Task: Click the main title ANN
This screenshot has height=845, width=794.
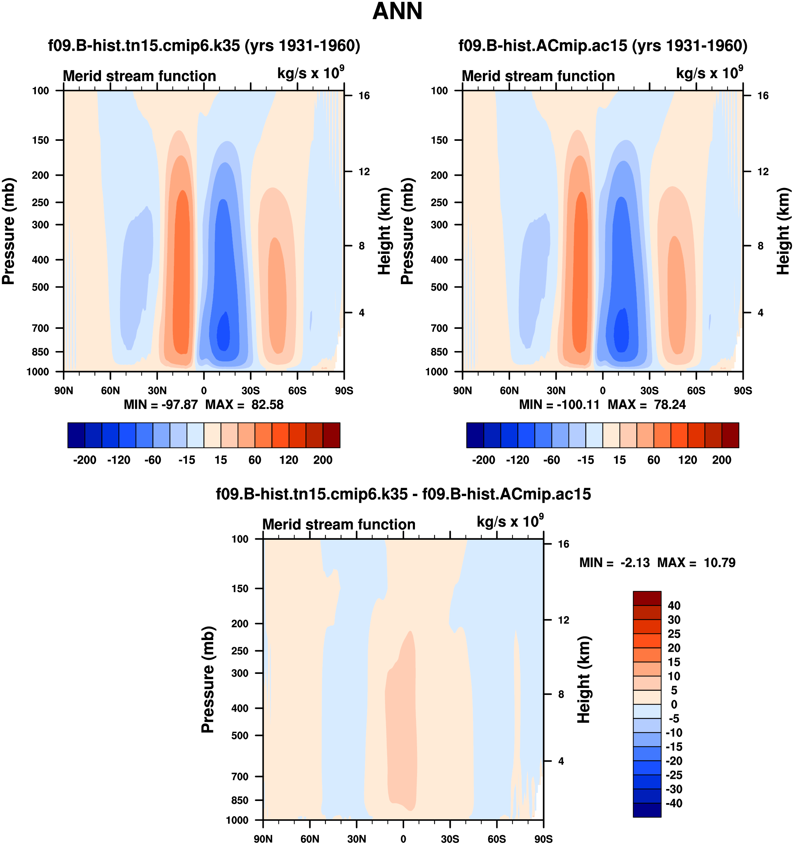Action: click(397, 12)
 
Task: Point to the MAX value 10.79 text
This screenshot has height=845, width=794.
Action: click(719, 563)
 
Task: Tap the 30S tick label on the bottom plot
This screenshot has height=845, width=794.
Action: click(449, 839)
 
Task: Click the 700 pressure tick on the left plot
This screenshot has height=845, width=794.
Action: click(41, 328)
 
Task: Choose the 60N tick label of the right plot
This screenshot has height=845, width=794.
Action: click(509, 390)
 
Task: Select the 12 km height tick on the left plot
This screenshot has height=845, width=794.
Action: click(364, 172)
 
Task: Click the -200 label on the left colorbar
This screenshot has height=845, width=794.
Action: click(84, 460)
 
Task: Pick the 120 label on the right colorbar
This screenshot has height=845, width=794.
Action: click(687, 460)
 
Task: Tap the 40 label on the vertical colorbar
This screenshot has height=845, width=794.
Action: click(674, 606)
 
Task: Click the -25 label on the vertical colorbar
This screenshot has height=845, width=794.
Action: click(674, 775)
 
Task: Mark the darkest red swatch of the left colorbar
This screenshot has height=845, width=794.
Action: click(332, 435)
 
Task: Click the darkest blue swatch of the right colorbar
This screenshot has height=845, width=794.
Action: click(475, 435)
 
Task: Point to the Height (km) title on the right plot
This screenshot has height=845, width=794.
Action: click(783, 231)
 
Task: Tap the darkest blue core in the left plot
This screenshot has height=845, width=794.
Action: click(223, 332)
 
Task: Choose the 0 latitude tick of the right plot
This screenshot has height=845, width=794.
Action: click(603, 390)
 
